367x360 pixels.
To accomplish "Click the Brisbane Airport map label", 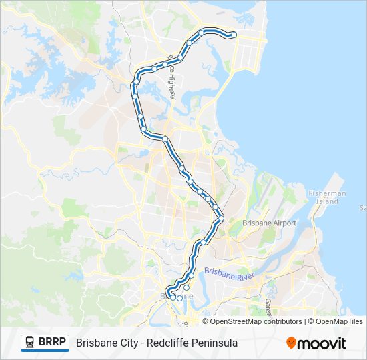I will tap(269, 223).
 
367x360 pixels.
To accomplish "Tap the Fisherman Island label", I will tap(327, 197).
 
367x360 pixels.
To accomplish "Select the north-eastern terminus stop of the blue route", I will tap(234, 35).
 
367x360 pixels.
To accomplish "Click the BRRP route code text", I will tap(52, 343).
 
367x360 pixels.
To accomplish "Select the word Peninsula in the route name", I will tap(215, 343).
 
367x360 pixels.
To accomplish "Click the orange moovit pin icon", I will tap(291, 343).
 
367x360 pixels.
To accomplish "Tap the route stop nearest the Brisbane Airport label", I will tap(221, 217).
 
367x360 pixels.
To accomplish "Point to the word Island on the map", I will tap(327, 201).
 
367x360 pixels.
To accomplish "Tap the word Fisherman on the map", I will tap(327, 193).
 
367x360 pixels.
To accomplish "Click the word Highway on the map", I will tap(171, 85).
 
